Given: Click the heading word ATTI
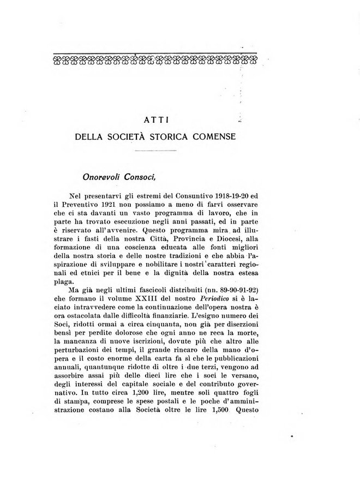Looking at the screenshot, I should (x=155, y=118).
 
